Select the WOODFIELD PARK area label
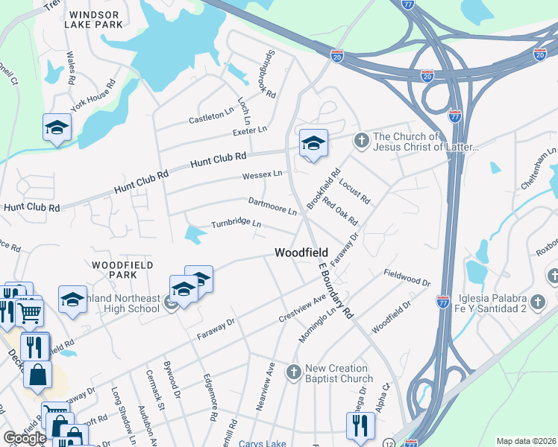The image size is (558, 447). click(x=123, y=269)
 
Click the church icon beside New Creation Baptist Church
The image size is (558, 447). click(x=294, y=371)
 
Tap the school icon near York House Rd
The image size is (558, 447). click(x=57, y=128)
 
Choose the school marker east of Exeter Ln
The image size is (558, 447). click(x=313, y=143)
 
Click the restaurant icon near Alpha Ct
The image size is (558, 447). click(x=360, y=425)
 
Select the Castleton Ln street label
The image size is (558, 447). click(x=211, y=117)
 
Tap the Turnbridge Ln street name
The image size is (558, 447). click(x=236, y=223)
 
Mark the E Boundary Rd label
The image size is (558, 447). click(x=334, y=291)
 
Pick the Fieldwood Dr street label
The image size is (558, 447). click(x=407, y=279)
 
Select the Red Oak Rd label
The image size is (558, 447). click(x=340, y=212)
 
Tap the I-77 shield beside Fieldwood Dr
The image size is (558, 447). click(x=442, y=301)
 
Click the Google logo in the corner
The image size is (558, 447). click(x=24, y=438)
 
